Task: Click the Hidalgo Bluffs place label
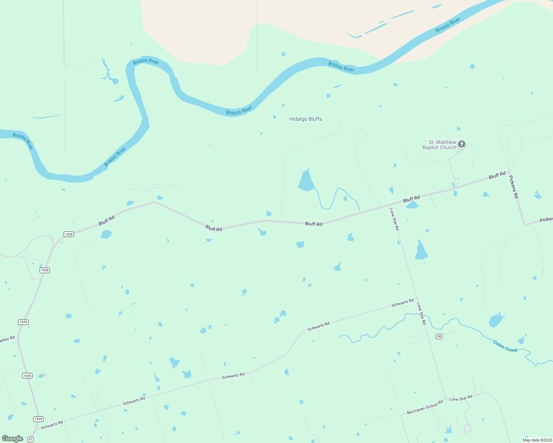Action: [x=306, y=119]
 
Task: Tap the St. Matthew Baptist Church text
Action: [x=439, y=145]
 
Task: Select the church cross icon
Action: [x=461, y=144]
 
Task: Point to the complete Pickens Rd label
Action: [x=514, y=186]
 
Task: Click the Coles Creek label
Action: [x=505, y=346]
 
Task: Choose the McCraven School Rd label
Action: [x=425, y=407]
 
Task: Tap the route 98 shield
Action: [x=439, y=336]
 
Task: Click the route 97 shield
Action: [x=30, y=439]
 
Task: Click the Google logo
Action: [x=13, y=439]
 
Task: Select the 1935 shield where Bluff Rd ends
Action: [x=68, y=234]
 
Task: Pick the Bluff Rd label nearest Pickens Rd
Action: [x=497, y=175]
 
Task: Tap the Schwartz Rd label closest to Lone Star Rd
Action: [x=402, y=303]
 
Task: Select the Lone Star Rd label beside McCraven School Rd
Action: [x=461, y=398]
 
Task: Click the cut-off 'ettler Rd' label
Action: [x=7, y=339]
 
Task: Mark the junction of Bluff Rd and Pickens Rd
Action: [x=509, y=172]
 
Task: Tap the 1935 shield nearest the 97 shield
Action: [x=38, y=419]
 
